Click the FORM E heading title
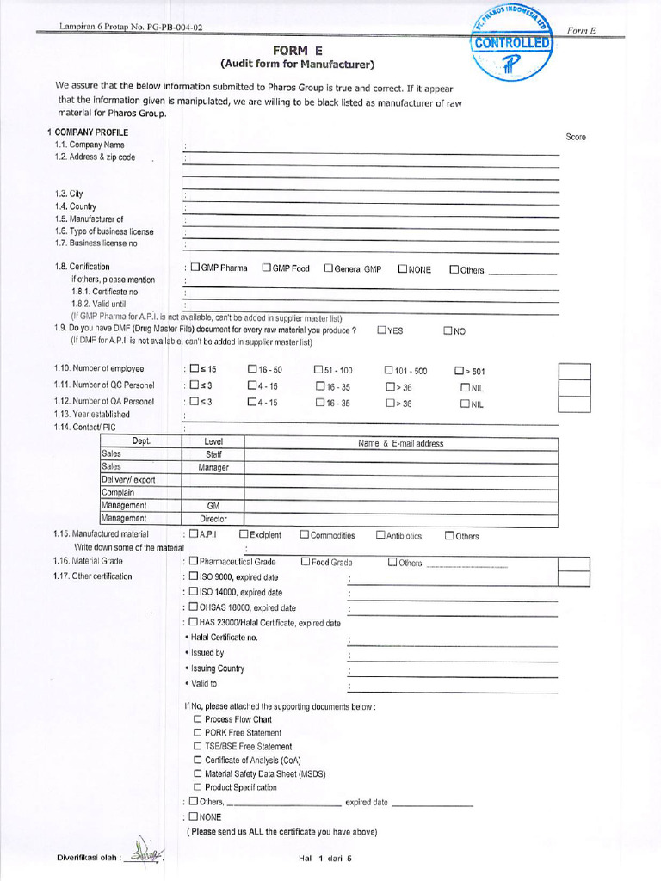coord(297,51)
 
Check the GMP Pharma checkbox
coord(195,268)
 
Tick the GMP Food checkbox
coord(266,268)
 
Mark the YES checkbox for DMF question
coord(381,330)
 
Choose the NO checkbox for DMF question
coord(448,330)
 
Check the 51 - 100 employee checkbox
coord(318,370)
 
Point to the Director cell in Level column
coord(213,519)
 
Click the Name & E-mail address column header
coord(401,443)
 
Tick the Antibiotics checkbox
coord(380,535)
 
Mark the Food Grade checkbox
coord(306,562)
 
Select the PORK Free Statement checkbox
coord(198,733)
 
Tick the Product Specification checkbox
coord(198,787)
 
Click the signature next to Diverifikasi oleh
coord(145,852)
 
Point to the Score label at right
coord(576,138)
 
